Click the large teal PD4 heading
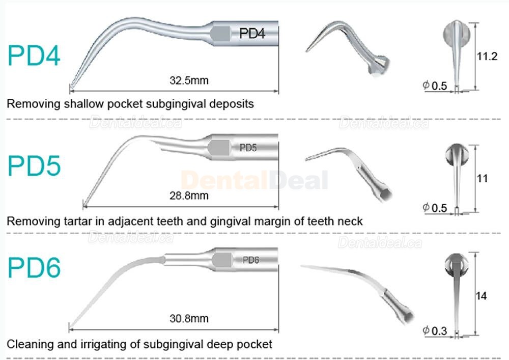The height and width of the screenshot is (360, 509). (x=34, y=56)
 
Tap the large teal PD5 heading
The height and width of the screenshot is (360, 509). (x=34, y=166)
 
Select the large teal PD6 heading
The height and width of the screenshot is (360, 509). (x=34, y=267)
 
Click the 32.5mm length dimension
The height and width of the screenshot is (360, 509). (x=189, y=80)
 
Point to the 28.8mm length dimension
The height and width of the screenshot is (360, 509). (x=189, y=196)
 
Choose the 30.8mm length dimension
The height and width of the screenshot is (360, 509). (x=189, y=318)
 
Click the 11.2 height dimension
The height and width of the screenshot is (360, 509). (x=487, y=56)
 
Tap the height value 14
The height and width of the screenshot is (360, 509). (x=481, y=296)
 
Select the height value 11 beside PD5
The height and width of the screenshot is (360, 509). (x=483, y=178)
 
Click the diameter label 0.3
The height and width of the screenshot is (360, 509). (x=439, y=331)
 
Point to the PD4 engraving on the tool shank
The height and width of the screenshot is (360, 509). (x=252, y=33)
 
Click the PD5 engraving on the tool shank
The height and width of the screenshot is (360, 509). (x=248, y=148)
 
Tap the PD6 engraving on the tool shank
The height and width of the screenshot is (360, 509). (x=250, y=260)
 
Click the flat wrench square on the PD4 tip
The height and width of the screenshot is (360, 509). (x=221, y=34)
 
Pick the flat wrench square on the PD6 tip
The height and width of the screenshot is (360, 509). (x=222, y=260)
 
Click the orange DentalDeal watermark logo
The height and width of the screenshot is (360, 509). (x=254, y=180)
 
